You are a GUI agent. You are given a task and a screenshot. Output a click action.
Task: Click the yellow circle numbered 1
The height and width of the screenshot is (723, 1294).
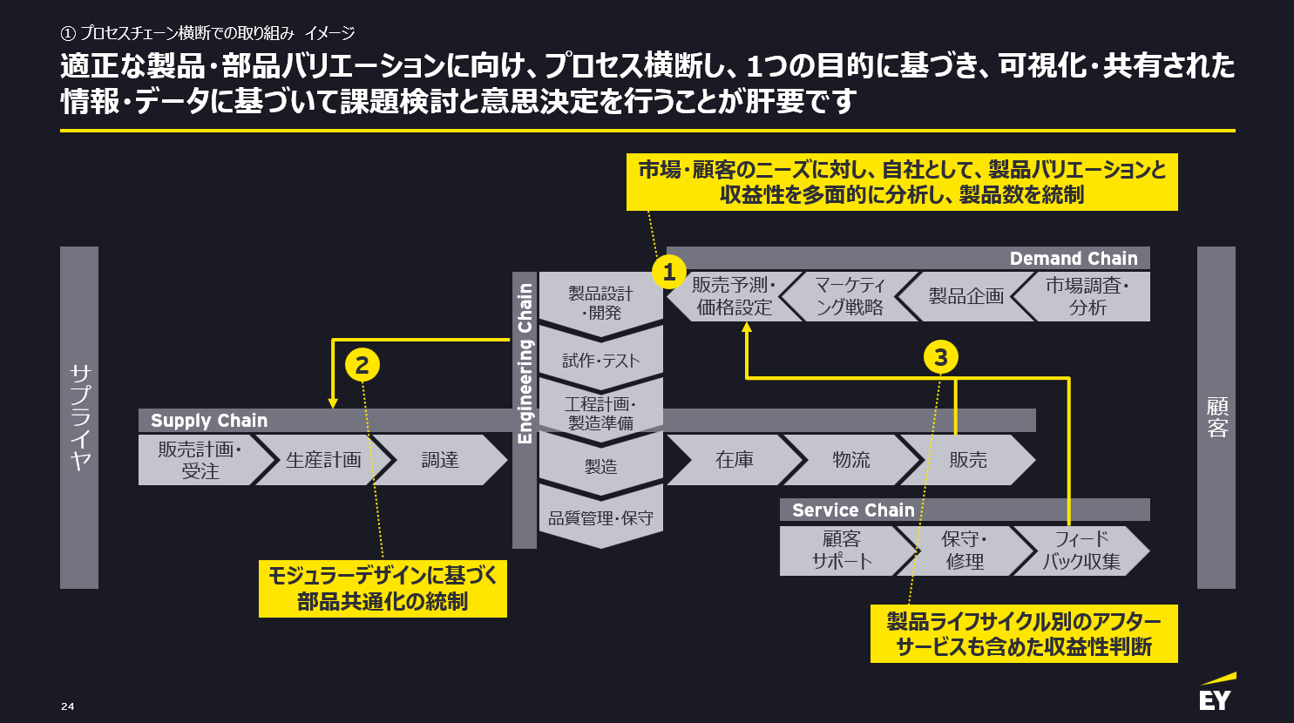point(669,272)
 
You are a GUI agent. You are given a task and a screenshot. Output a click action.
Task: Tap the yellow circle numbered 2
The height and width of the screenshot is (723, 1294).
point(362,364)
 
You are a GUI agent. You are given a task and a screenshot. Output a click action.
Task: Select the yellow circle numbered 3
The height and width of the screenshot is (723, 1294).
point(940,357)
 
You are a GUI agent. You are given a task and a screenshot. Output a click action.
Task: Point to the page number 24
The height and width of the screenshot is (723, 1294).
point(68,706)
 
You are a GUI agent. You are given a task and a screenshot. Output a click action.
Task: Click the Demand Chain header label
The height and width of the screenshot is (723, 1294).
point(1073,259)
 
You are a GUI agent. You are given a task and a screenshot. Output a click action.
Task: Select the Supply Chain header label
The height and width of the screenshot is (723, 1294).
point(209,421)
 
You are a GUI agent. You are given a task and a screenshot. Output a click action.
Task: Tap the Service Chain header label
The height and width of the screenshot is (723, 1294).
point(853,510)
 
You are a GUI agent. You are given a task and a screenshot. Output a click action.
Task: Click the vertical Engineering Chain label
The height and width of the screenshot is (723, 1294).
point(525,363)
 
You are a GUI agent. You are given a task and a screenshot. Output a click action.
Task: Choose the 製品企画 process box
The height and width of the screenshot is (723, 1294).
point(965,296)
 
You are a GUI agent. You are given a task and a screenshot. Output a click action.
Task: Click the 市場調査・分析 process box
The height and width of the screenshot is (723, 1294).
point(1087,296)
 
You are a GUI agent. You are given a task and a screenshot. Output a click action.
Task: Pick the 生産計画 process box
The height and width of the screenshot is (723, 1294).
point(323,460)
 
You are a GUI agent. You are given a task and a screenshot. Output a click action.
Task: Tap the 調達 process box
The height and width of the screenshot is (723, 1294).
point(440,460)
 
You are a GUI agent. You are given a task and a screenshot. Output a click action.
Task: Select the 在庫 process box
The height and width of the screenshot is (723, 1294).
point(734,460)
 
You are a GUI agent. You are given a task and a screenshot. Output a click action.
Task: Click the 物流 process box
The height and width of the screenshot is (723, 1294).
point(850,460)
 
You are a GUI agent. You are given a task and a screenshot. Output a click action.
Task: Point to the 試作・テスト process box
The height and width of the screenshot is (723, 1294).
point(601,360)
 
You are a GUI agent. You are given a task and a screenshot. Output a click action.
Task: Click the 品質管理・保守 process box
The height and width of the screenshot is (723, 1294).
point(601,518)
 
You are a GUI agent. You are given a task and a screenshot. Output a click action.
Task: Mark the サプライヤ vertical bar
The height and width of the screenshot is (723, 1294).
point(79,417)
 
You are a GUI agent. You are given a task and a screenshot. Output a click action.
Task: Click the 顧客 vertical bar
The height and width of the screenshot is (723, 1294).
point(1216,417)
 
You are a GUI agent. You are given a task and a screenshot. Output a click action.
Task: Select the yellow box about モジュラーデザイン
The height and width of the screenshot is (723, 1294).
point(383,589)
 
